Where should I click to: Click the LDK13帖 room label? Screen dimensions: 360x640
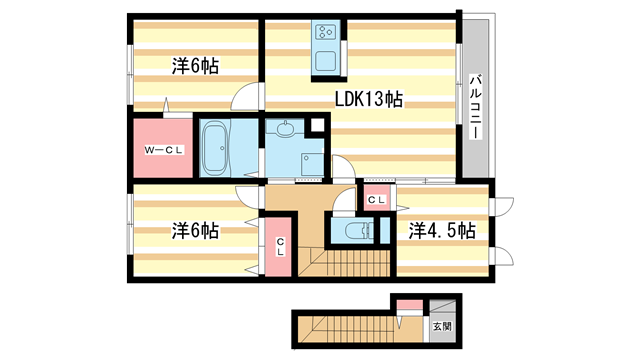pos(368,99)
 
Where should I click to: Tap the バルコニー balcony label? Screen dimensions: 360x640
pos(476,105)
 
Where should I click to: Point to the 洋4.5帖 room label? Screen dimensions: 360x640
pos(441,230)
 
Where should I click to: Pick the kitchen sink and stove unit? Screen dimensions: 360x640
pos(328,48)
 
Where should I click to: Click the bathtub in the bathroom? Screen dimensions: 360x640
pos(214,148)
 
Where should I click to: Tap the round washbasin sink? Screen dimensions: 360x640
pos(286,128)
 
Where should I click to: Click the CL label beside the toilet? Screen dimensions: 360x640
pos(375,201)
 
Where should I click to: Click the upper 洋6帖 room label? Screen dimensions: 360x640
pos(195,66)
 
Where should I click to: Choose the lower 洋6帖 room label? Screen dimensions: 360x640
pos(195,230)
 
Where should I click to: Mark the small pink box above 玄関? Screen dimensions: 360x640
pos(408,305)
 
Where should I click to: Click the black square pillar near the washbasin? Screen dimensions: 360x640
pos(318,125)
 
